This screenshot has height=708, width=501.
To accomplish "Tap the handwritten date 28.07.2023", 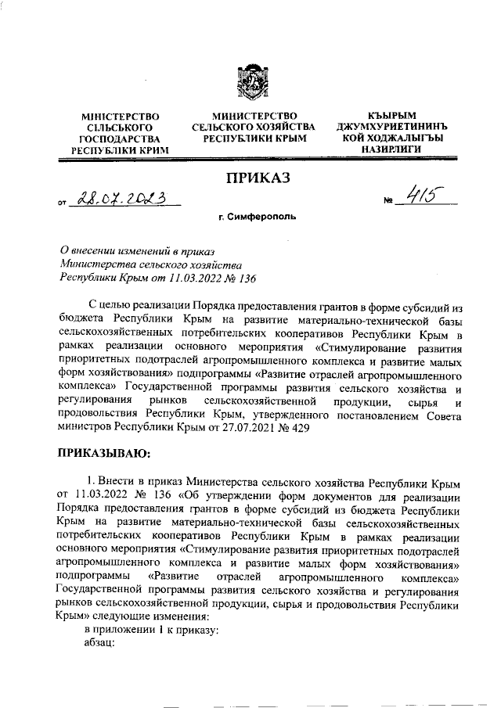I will (x=122, y=202).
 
